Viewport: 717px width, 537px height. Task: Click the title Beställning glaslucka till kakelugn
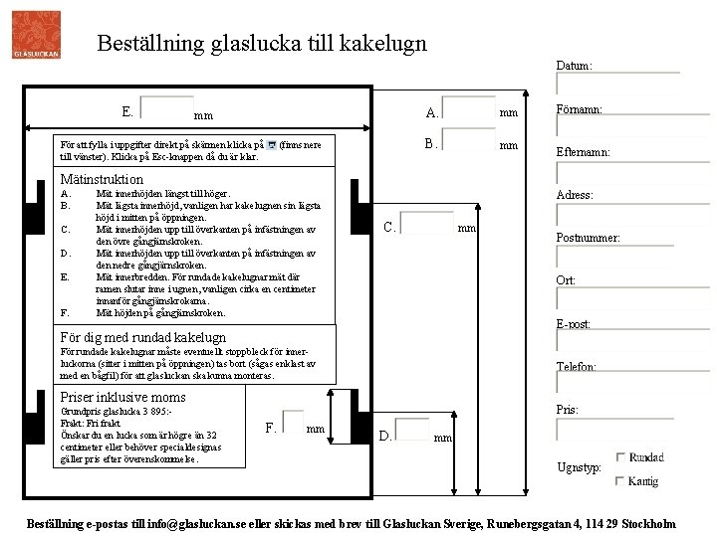coord(263,44)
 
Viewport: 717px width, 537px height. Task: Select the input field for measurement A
coord(468,110)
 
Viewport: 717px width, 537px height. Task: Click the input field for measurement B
coord(468,144)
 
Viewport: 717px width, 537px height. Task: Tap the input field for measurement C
coord(427,226)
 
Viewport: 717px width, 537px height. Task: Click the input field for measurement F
coord(292,425)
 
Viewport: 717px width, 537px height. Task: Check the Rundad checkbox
coord(622,457)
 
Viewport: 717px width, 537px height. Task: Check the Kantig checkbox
coord(622,481)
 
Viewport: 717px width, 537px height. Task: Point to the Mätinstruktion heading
coord(103,179)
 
